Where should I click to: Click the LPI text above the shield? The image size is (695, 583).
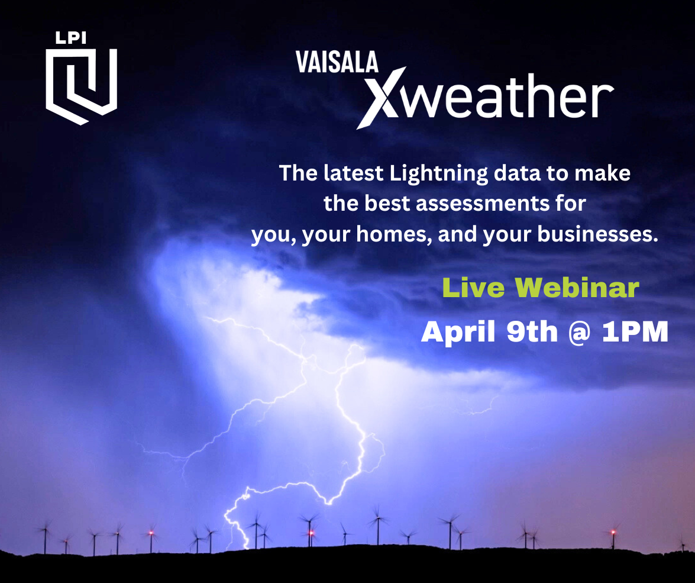[x=70, y=38]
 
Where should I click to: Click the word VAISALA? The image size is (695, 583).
[x=337, y=62]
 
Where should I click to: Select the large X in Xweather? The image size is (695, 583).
[x=382, y=98]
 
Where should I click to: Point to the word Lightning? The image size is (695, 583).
[x=439, y=173]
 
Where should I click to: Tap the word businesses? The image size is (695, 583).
[x=597, y=234]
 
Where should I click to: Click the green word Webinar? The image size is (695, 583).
[x=577, y=288]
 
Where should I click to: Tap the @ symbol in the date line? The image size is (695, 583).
[x=579, y=332]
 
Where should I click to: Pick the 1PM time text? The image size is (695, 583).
[x=635, y=331]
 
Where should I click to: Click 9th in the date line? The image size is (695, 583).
[x=531, y=331]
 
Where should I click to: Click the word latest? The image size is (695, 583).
[x=353, y=173]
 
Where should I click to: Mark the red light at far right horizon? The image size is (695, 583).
[x=613, y=532]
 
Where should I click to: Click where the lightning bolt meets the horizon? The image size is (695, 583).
[x=245, y=547]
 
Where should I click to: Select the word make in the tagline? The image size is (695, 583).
[x=602, y=173]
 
